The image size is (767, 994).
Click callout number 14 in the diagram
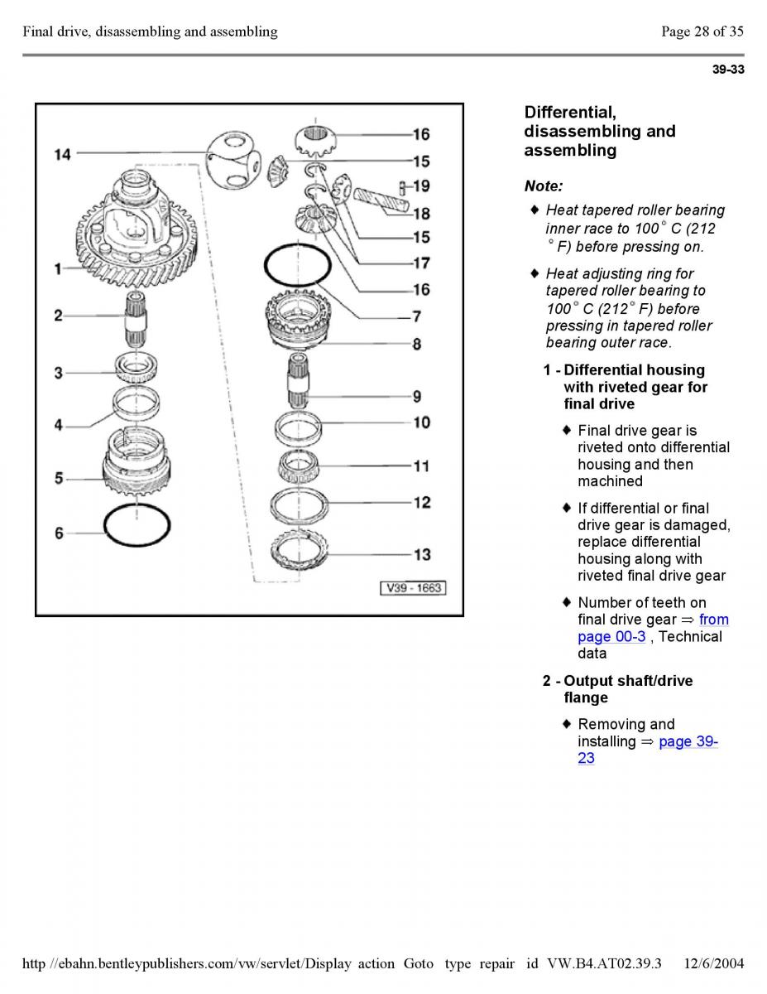tap(63, 155)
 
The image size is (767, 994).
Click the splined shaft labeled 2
tap(137, 318)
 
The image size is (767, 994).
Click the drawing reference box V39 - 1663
tap(413, 588)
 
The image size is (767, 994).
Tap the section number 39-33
tap(728, 70)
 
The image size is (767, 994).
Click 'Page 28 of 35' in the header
tap(702, 31)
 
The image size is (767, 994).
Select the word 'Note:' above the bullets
tap(543, 186)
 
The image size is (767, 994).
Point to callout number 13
tap(422, 554)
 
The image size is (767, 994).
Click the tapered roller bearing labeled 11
tap(298, 466)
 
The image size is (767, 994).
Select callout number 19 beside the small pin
tap(421, 186)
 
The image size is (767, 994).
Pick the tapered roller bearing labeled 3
tap(137, 367)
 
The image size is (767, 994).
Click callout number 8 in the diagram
tap(417, 344)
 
